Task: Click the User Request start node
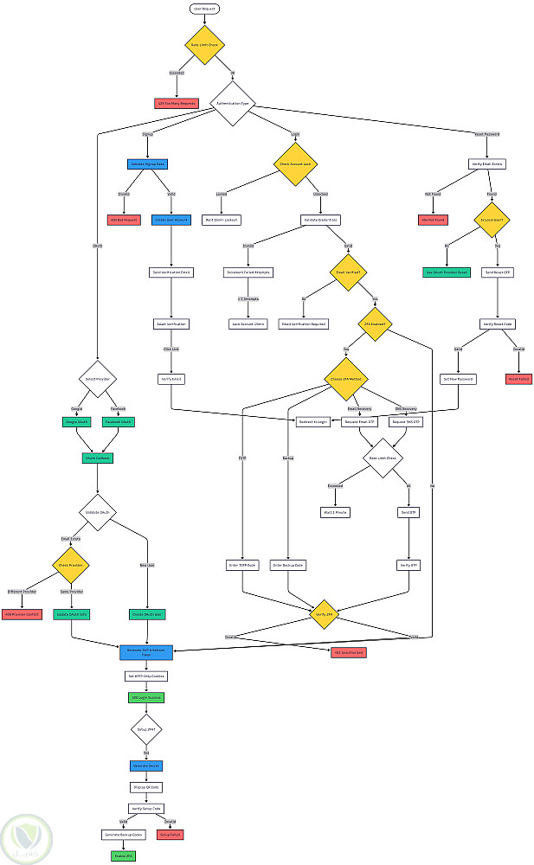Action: [205, 8]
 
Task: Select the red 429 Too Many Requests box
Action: [176, 103]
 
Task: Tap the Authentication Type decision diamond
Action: [233, 103]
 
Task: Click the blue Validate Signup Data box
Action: [147, 163]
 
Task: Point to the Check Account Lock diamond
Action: [294, 163]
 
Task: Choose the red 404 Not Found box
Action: [434, 220]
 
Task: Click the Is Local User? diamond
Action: [492, 220]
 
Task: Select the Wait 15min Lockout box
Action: [222, 220]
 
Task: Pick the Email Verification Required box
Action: [303, 324]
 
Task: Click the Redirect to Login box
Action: [313, 422]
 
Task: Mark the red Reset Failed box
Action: [518, 379]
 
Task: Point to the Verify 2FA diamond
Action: [325, 613]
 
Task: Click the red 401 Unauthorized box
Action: [348, 651]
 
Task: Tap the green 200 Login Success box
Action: [146, 696]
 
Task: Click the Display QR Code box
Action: [146, 787]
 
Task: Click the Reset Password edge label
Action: [486, 134]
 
